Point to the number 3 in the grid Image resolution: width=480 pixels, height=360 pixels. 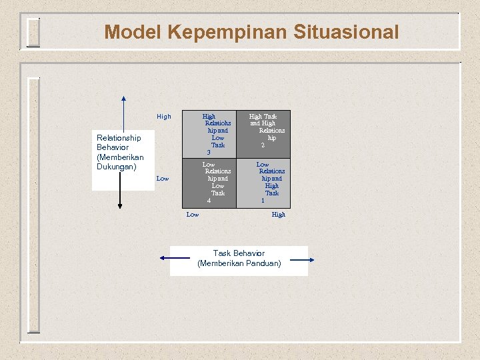click(x=209, y=152)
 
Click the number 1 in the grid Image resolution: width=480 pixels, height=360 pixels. click(x=263, y=200)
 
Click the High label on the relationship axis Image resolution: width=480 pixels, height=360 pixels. click(x=163, y=117)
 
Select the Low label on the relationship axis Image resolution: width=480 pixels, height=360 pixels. click(x=163, y=179)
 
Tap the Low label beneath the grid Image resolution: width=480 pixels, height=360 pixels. click(x=193, y=215)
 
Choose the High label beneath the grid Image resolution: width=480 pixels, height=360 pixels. click(x=279, y=215)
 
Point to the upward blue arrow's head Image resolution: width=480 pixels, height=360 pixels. click(x=123, y=101)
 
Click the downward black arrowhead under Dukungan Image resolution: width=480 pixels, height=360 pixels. click(x=120, y=206)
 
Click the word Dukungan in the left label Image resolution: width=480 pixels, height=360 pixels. click(x=116, y=167)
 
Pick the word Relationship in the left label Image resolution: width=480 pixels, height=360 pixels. click(x=119, y=138)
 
